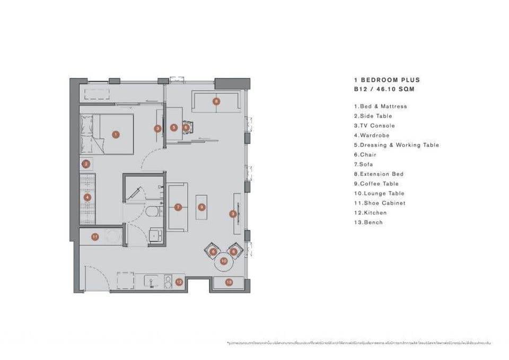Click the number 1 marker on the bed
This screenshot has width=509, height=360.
point(116,135)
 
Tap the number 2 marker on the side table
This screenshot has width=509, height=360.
point(86,164)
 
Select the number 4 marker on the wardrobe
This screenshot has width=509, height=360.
point(87,197)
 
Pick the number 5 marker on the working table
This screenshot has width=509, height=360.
point(174,127)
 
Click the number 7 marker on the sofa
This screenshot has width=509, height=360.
point(178,207)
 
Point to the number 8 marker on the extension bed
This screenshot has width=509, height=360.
point(216,101)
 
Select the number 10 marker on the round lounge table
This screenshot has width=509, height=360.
point(224,261)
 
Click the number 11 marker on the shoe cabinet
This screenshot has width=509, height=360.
point(95,237)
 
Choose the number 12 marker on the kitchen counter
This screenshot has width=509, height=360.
point(179,282)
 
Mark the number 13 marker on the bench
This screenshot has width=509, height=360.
point(229,282)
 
